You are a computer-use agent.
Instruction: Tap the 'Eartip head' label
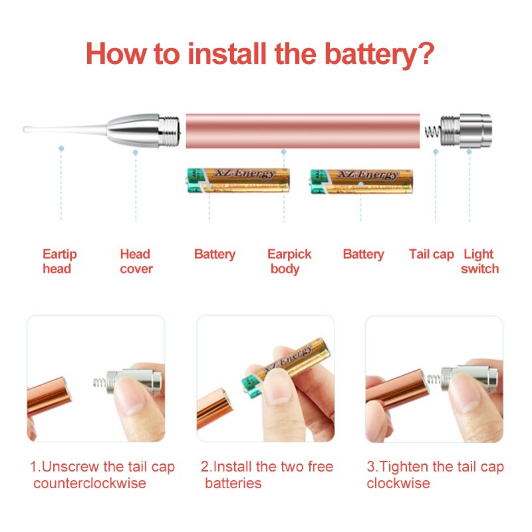(x=60, y=261)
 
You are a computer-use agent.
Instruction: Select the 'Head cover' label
(x=136, y=261)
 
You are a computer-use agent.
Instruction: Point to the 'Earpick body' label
(x=289, y=261)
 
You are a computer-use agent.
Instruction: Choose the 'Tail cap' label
(x=431, y=254)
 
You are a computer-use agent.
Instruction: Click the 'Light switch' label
(x=479, y=261)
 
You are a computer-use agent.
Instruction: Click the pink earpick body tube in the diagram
(x=303, y=131)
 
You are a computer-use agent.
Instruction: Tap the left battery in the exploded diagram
(x=239, y=180)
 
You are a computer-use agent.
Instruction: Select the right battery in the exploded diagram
(x=361, y=182)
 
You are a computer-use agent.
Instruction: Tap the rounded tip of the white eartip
(x=25, y=129)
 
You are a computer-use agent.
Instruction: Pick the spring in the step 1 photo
(x=100, y=383)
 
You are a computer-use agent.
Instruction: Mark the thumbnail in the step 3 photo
(x=464, y=394)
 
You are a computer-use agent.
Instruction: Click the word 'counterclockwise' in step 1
(x=90, y=483)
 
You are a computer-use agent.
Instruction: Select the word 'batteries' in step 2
(x=233, y=483)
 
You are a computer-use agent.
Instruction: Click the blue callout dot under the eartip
(x=61, y=148)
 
